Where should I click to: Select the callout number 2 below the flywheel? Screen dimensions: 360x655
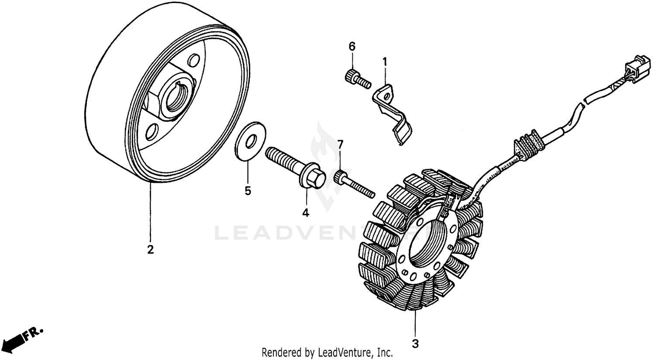[x=150, y=250]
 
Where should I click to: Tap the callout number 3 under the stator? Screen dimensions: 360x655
[x=415, y=343]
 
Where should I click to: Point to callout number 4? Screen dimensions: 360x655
[x=306, y=213]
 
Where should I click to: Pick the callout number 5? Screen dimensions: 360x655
[x=248, y=191]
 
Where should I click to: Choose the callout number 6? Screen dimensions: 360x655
[x=352, y=46]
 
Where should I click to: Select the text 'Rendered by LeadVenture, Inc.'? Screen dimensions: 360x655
[x=327, y=352]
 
